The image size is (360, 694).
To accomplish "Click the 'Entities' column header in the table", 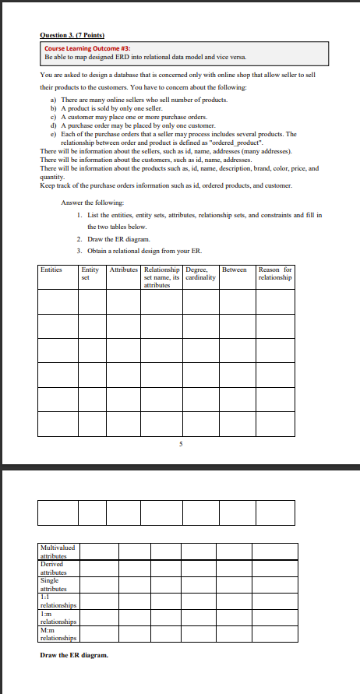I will coord(51,269).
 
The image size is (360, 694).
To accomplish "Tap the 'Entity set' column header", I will coord(90,273).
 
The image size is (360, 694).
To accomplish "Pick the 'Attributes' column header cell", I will coord(123,269).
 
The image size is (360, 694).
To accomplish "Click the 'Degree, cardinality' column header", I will coord(200,273).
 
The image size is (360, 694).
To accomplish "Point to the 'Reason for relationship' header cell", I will coord(275,273).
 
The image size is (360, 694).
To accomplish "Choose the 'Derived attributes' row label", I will coord(56,568).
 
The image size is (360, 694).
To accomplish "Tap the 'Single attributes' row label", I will coord(55,584).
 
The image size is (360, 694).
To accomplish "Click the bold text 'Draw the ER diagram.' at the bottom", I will coord(74,654).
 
